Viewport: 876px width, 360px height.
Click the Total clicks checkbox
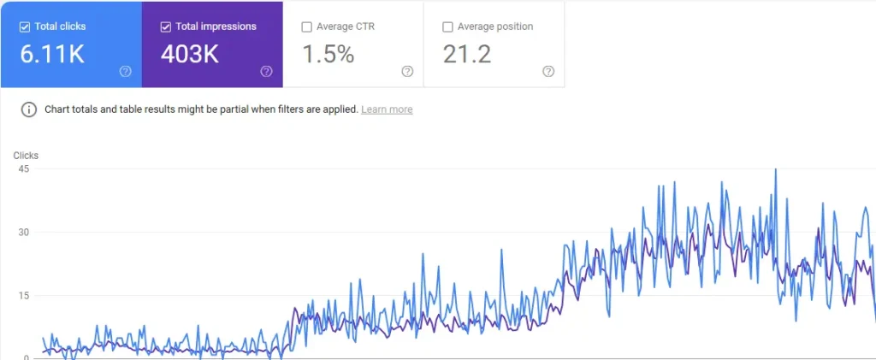pos(24,27)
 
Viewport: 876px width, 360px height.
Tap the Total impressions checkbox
pos(165,27)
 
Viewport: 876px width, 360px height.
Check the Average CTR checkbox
pos(306,27)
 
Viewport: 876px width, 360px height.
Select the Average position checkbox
pos(447,27)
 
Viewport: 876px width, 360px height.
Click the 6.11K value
pos(51,55)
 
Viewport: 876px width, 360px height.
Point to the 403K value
pos(190,55)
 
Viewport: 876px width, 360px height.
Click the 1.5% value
pos(328,55)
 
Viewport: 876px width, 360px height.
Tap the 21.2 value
pos(466,55)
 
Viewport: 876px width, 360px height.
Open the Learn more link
pos(387,109)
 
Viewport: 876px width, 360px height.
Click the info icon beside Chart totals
pos(29,109)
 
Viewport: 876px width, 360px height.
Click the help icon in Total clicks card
pos(126,71)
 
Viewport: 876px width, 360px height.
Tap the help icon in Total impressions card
pos(267,71)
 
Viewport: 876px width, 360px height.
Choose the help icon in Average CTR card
pos(407,71)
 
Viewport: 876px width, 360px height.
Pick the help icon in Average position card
pos(548,71)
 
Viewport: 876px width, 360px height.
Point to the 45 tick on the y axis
pos(23,168)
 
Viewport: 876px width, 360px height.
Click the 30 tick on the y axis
pos(23,232)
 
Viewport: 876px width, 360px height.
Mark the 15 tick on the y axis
pos(23,295)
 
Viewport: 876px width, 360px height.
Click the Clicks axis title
pos(26,156)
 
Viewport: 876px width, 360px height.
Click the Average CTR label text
pos(346,27)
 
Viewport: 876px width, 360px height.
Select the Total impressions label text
pos(216,27)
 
